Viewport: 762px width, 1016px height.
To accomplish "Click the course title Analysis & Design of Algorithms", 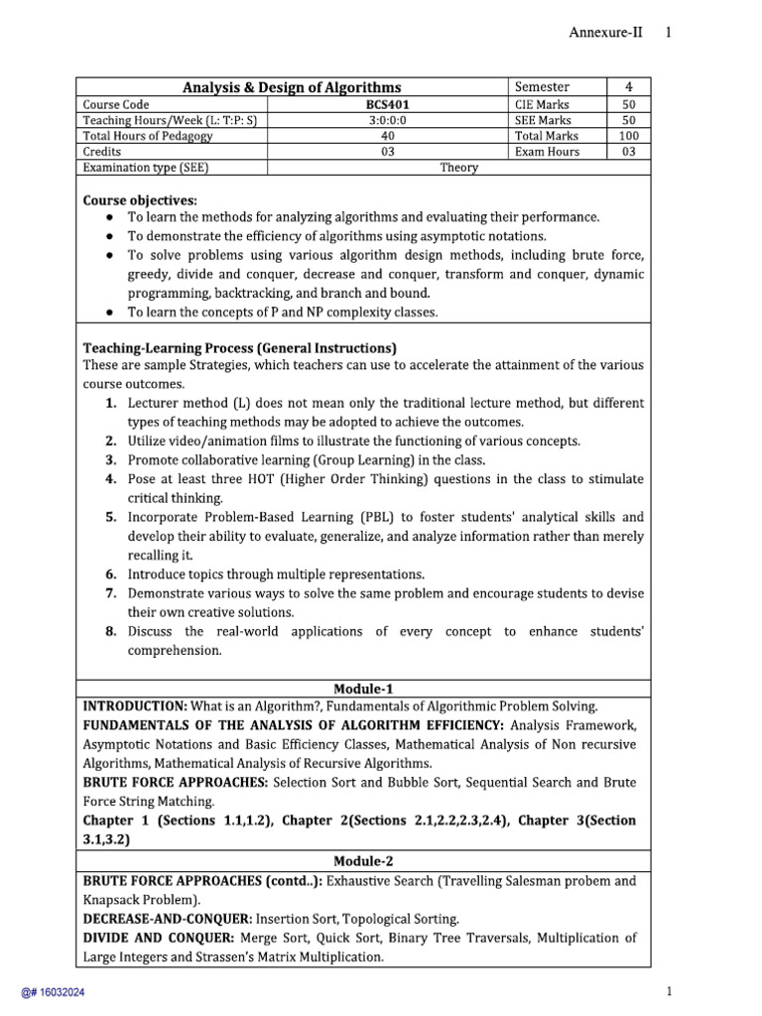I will coord(292,87).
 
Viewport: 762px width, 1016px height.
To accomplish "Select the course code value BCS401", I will coord(387,104).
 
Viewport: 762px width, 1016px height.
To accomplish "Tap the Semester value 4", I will coord(628,87).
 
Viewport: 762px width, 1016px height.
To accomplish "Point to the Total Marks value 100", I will coord(628,136).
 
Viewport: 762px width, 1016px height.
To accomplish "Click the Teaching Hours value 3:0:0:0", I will coord(387,120).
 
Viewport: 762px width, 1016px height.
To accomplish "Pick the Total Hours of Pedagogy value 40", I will coord(387,136).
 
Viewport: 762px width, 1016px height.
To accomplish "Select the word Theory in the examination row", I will coord(459,168).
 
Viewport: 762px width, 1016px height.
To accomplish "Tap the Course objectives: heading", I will coord(140,198).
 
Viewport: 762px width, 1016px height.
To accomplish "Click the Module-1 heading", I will coord(363,688).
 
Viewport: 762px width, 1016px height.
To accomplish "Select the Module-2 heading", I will coord(363,861).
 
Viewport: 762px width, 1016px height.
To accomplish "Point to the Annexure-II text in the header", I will coord(605,32).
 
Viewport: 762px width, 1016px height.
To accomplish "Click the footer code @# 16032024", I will coord(47,992).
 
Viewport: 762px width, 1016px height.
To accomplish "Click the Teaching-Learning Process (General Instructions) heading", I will coord(239,347).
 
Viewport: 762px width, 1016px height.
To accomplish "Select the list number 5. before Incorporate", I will coord(112,517).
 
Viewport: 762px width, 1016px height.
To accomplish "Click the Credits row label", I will coord(103,152).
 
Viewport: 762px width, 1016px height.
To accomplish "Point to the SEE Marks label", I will coord(543,120).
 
